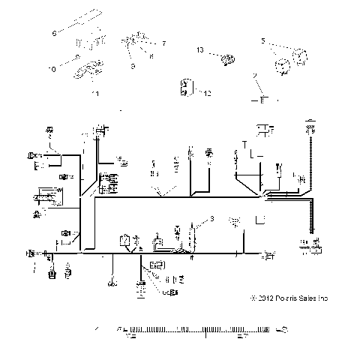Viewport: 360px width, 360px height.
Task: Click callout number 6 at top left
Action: click(54, 34)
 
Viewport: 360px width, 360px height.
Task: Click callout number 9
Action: click(132, 65)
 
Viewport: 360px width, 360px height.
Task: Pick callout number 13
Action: click(200, 49)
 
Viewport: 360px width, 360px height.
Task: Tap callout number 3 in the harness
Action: click(212, 218)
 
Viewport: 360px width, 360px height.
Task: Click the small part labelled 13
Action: click(223, 56)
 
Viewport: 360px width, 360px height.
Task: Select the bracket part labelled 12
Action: click(184, 89)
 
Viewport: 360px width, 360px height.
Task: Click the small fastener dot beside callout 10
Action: click(78, 58)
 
